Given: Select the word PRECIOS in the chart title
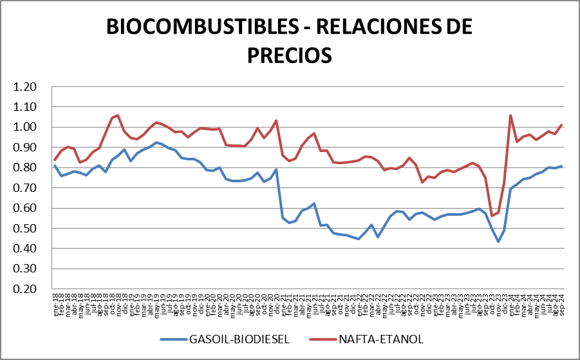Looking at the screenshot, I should coord(290,54).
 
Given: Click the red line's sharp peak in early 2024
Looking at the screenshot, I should coord(510,115).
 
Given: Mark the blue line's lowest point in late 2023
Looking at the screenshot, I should coord(498,242).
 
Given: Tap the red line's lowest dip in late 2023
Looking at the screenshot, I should coord(492,216).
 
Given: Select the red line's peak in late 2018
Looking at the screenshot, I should coord(118,115).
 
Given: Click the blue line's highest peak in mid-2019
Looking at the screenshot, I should coord(156,142).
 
